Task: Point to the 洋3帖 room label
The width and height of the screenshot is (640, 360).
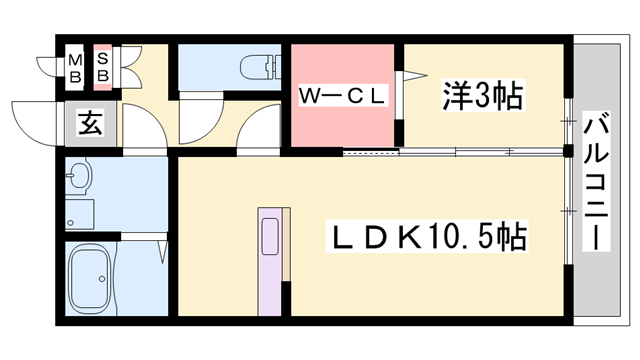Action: [483, 97]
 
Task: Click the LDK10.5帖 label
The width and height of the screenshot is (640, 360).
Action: [430, 238]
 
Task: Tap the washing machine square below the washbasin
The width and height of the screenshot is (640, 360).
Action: [79, 213]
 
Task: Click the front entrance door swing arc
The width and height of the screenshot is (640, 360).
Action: [28, 119]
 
